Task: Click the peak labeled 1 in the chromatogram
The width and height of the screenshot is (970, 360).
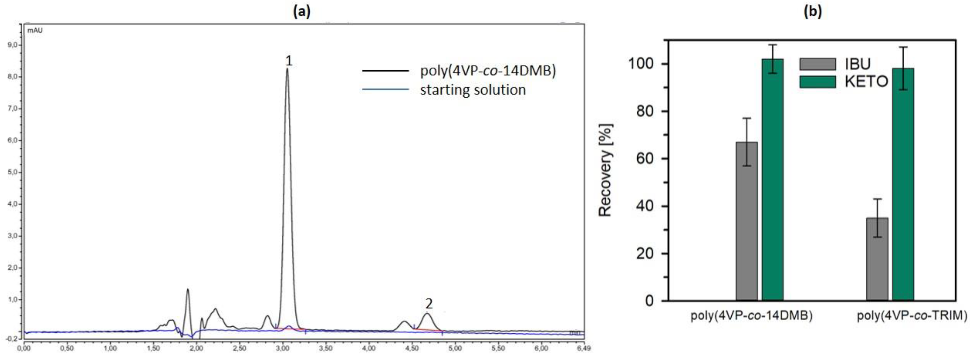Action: [287, 70]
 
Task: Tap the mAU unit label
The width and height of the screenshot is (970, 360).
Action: [35, 30]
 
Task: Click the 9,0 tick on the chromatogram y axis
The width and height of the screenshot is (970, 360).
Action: [12, 45]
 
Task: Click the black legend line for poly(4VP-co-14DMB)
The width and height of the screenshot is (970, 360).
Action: [385, 70]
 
